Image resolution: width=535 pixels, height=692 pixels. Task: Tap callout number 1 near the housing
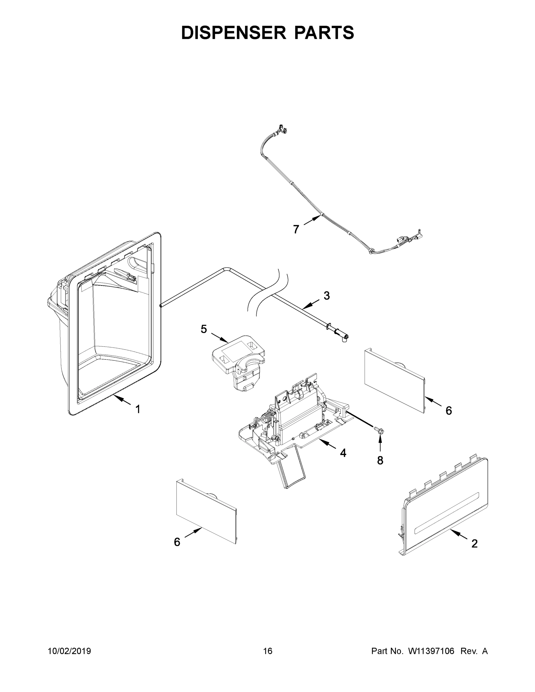138,409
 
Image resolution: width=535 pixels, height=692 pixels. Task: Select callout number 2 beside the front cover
474,544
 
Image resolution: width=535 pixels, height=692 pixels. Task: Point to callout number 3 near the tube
327,296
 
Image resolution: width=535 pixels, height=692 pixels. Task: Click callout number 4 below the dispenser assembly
343,453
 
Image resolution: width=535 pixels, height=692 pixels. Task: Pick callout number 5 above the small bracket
204,329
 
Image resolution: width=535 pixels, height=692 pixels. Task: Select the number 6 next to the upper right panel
448,411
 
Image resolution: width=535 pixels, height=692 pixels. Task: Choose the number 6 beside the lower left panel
177,542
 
